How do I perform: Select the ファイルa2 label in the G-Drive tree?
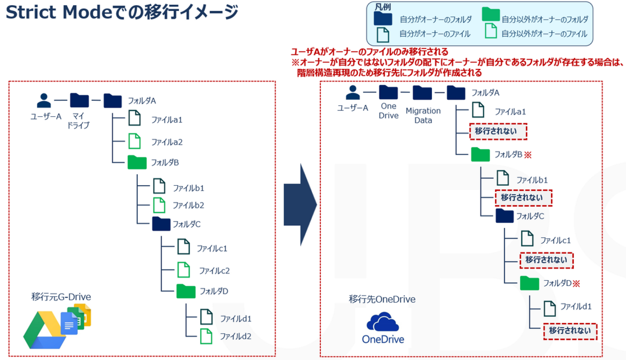click(x=167, y=142)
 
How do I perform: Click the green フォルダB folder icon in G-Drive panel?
click(x=137, y=162)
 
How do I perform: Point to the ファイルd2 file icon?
click(x=206, y=335)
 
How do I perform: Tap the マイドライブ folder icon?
click(x=79, y=100)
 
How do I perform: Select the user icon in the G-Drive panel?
click(x=44, y=100)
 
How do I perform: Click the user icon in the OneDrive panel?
click(x=353, y=91)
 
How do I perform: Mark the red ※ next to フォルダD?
click(x=576, y=283)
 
